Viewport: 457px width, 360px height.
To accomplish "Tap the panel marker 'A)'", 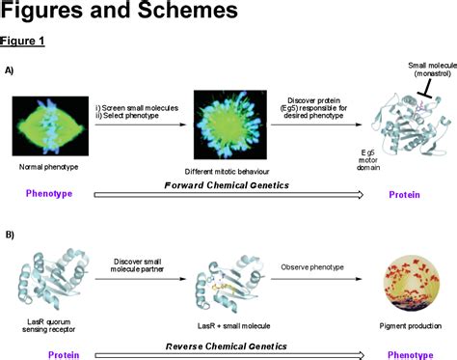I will click(x=10, y=71).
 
